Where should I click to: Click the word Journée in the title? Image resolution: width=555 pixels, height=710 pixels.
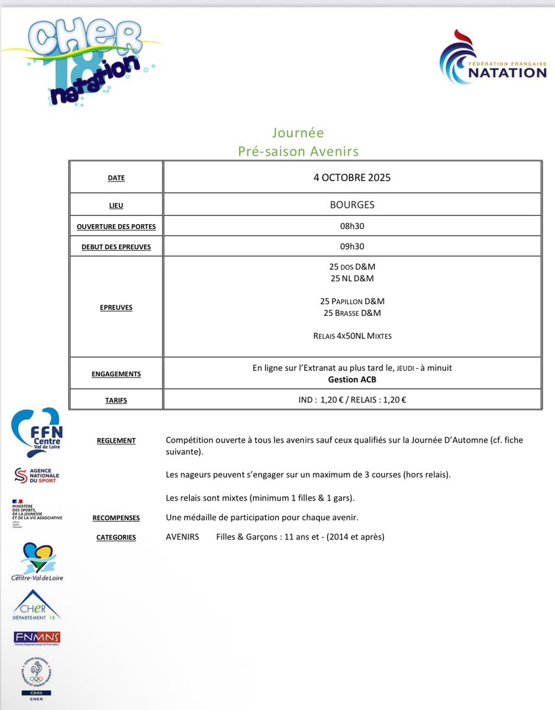pyautogui.click(x=298, y=133)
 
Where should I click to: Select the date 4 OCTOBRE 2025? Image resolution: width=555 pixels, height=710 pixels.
pyautogui.click(x=352, y=177)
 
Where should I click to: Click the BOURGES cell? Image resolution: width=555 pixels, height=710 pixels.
pyautogui.click(x=352, y=205)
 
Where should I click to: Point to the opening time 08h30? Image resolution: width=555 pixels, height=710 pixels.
pyautogui.click(x=352, y=226)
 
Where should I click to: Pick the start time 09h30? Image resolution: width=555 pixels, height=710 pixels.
pyautogui.click(x=352, y=246)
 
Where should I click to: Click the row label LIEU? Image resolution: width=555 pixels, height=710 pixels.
pyautogui.click(x=116, y=206)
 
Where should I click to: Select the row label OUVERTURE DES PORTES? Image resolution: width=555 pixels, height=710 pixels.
pyautogui.click(x=116, y=227)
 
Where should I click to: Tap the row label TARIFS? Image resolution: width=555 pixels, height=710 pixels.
pyautogui.click(x=116, y=401)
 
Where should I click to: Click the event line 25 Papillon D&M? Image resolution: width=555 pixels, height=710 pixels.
pyautogui.click(x=352, y=301)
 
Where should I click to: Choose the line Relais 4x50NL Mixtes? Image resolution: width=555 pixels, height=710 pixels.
pyautogui.click(x=352, y=336)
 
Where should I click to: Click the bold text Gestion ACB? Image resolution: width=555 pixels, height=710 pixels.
pyautogui.click(x=352, y=379)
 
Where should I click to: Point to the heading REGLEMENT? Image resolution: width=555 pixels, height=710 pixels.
pyautogui.click(x=116, y=441)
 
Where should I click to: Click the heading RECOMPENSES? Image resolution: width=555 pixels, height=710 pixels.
pyautogui.click(x=116, y=518)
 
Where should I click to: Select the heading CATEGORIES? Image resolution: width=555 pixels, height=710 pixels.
pyautogui.click(x=116, y=538)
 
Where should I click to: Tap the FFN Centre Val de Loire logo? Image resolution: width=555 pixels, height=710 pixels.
pyautogui.click(x=37, y=430)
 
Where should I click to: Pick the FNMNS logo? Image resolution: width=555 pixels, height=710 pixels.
pyautogui.click(x=37, y=638)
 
